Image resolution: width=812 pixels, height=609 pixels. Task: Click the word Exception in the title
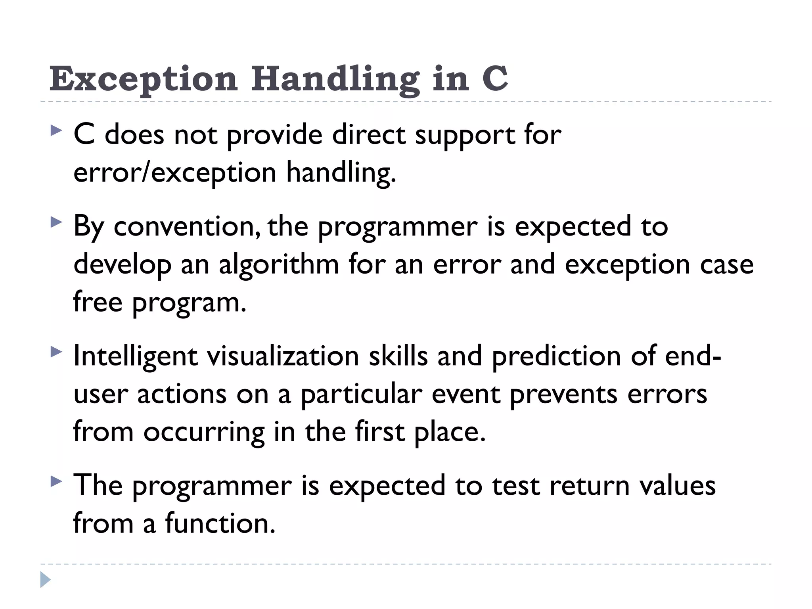tap(144, 79)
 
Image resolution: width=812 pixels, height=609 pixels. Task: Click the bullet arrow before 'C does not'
tap(56, 131)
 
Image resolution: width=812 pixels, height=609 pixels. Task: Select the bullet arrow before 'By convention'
tap(56, 222)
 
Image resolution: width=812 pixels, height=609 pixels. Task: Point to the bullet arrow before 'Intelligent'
tap(56, 352)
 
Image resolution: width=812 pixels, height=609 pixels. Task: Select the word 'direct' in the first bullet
tap(369, 135)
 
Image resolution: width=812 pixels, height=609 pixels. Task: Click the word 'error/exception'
tap(175, 173)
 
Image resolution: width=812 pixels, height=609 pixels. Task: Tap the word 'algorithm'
tap(279, 264)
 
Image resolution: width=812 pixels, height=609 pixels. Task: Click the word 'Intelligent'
tap(135, 356)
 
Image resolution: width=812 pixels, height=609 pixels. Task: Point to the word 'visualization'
tap(283, 356)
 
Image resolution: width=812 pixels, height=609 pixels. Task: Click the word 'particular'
tap(361, 395)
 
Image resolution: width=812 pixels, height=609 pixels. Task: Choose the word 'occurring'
tap(204, 432)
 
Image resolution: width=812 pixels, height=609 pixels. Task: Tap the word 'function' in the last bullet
tap(220, 523)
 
